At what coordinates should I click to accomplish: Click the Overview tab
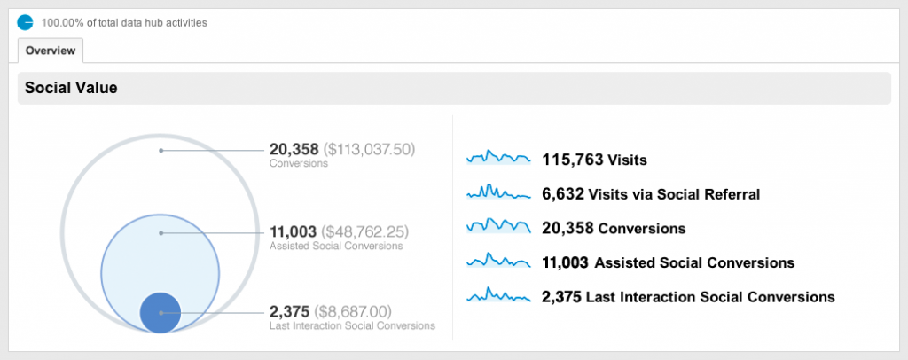50,51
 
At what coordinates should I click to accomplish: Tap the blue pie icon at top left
25,21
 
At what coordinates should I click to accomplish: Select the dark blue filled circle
160,312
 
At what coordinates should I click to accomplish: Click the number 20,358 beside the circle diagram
294,149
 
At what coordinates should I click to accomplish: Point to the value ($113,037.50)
369,149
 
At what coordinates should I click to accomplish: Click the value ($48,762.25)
365,231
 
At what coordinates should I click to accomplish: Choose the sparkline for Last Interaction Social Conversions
498,296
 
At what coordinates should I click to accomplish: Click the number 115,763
573,160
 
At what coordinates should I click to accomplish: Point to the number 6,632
563,194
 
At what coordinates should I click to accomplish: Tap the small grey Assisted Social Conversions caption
336,247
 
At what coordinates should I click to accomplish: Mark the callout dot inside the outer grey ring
160,150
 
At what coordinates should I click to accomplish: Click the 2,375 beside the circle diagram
289,311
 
